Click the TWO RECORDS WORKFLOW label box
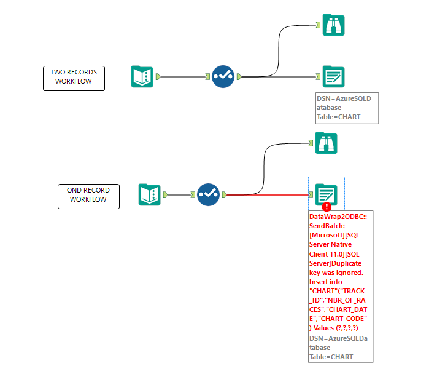(74, 78)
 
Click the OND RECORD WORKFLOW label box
(88, 196)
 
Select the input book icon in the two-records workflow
(142, 76)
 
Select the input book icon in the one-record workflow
(149, 194)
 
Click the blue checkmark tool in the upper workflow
(223, 76)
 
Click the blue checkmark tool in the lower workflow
(208, 194)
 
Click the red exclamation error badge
(327, 207)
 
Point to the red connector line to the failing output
(270, 195)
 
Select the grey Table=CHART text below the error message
(332, 356)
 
